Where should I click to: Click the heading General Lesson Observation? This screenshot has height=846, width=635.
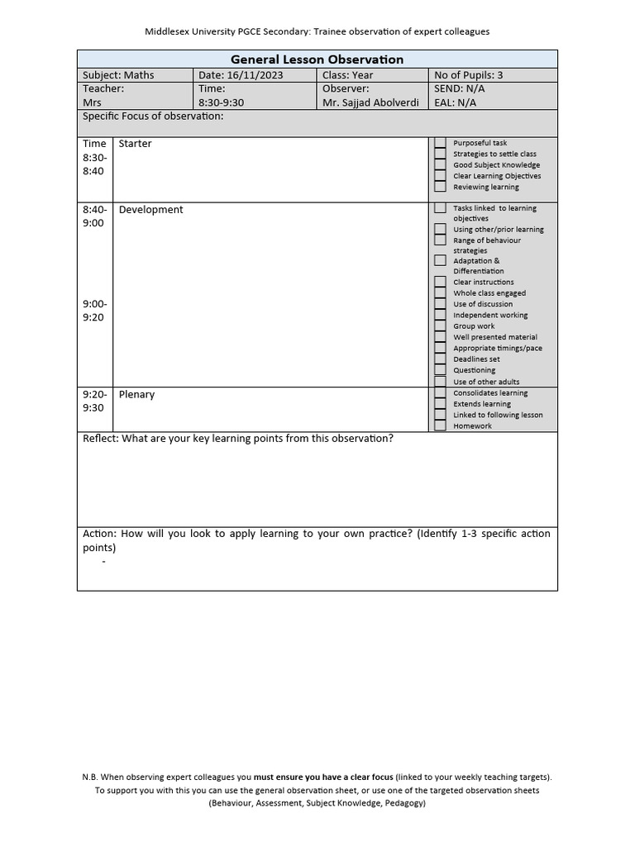(317, 59)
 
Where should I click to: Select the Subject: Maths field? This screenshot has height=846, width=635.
(118, 75)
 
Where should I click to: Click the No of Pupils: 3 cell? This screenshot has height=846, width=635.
(468, 75)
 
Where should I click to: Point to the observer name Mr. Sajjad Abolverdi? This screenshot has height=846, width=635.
(370, 102)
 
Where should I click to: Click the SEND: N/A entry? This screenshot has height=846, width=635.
(460, 88)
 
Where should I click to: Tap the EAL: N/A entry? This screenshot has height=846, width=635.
(455, 102)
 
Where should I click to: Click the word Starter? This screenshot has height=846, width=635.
(136, 144)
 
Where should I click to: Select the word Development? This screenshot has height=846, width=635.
(150, 210)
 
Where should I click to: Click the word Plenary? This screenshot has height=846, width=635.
(136, 395)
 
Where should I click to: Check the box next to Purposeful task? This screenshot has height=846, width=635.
(440, 143)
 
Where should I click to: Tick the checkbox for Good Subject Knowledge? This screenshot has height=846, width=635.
(440, 164)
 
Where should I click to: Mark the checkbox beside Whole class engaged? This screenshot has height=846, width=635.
(440, 292)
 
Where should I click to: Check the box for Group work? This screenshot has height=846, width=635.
(440, 326)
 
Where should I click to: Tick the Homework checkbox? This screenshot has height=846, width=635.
(440, 425)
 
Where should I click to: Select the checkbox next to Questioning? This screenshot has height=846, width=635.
(440, 370)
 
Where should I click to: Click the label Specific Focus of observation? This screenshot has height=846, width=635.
(153, 116)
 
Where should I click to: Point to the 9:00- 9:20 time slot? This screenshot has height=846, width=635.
(94, 311)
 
